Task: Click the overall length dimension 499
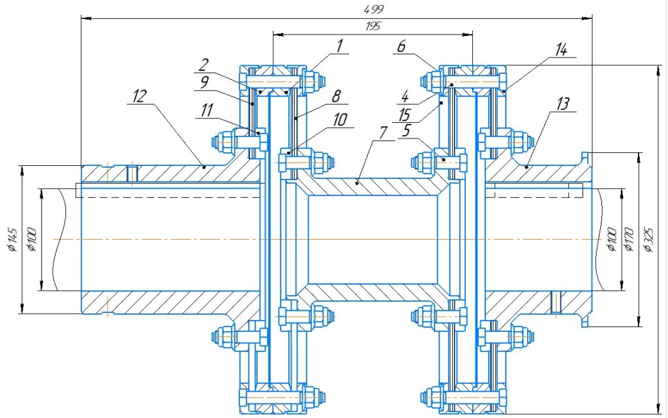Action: coord(374,9)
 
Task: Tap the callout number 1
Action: coord(340,45)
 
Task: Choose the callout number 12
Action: coord(139,96)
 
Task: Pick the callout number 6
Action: coord(401,46)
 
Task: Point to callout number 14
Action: coord(561,50)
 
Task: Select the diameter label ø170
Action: coord(630,240)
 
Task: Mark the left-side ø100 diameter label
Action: coord(31,240)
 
